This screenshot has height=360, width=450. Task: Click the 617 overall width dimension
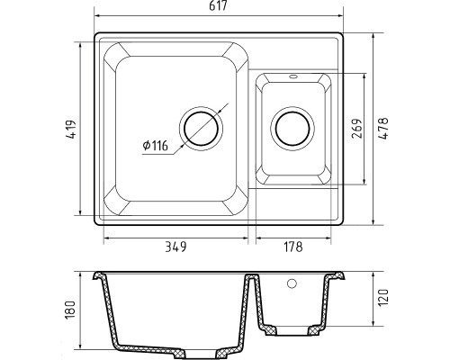(218, 5)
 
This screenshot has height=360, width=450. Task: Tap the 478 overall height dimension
(383, 128)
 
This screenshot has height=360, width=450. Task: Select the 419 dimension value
(71, 130)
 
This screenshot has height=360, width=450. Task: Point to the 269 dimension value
(357, 129)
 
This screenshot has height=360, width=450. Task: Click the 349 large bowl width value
(175, 247)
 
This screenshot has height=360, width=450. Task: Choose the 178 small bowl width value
(293, 247)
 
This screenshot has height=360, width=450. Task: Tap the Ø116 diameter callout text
(156, 146)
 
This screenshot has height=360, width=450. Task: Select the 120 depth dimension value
(383, 297)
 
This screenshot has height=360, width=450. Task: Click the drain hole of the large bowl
(201, 129)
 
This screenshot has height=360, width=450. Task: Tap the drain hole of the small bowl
(292, 129)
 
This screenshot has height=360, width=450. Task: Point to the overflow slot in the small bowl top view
(292, 76)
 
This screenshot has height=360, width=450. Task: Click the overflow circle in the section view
(292, 283)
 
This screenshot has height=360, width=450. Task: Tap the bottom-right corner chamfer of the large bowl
(236, 201)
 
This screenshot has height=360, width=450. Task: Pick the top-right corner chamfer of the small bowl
(325, 81)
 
